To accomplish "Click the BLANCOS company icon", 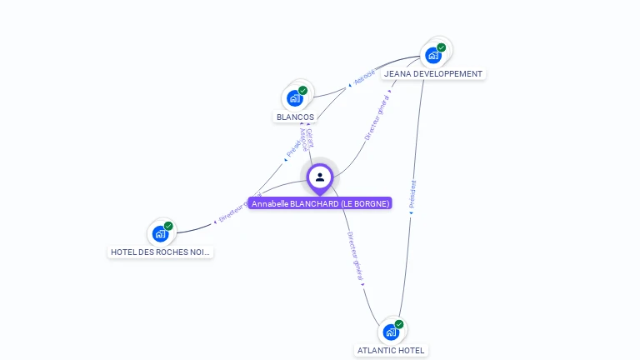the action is [x=294, y=97].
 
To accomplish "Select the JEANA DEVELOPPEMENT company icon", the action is [x=432, y=55].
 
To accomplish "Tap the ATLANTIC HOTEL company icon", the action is [x=390, y=332].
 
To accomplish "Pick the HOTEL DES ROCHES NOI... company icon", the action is [x=160, y=233].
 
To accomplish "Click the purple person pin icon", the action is [x=320, y=177].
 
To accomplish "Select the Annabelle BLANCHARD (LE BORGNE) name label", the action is [x=320, y=203].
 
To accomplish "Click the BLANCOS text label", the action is [x=295, y=117].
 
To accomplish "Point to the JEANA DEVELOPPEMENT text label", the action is [x=433, y=74].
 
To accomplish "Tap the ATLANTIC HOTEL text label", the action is [x=392, y=351].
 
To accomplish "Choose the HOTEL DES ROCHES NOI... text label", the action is [x=161, y=252].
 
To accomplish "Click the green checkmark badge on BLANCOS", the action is [x=302, y=90].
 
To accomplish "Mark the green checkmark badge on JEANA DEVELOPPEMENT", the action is [x=441, y=47].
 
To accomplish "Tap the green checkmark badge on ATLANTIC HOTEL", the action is [x=398, y=324].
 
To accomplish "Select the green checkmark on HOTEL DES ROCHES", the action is [x=168, y=226].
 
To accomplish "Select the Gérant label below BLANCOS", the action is [x=309, y=137].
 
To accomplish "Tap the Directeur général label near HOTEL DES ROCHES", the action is [x=238, y=208].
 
